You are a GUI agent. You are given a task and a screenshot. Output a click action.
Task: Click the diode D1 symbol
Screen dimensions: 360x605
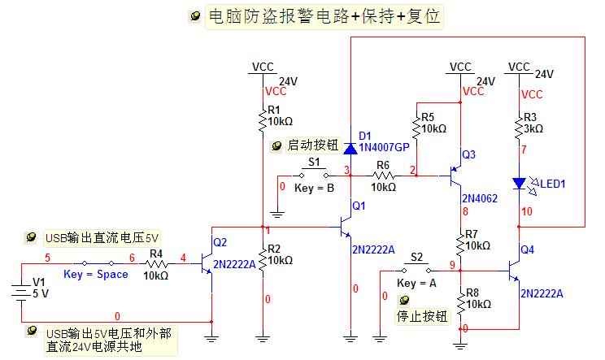click(x=350, y=149)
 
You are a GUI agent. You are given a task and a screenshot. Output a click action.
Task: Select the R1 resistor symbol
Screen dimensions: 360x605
click(x=263, y=120)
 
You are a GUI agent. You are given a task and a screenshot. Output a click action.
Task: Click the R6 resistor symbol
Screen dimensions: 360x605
click(x=383, y=174)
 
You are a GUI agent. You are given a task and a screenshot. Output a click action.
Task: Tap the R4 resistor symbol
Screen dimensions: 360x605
click(x=156, y=263)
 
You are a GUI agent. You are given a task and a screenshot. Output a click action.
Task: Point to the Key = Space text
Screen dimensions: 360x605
click(x=96, y=275)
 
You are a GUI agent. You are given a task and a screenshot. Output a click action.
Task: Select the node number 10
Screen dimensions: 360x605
click(x=528, y=212)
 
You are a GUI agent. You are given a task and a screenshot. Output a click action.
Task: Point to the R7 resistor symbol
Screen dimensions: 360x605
click(x=460, y=241)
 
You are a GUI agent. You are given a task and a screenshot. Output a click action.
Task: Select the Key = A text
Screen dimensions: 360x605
click(x=416, y=284)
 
